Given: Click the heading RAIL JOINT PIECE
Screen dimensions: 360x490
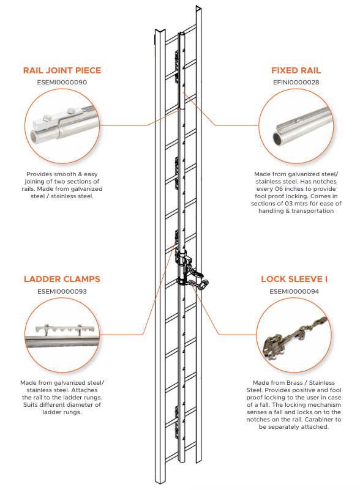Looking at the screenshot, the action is [x=62, y=70].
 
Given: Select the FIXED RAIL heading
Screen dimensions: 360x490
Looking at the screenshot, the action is [x=296, y=70].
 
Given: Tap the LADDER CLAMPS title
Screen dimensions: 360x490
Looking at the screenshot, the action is [x=62, y=279].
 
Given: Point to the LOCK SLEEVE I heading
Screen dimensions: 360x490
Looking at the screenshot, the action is [x=294, y=279].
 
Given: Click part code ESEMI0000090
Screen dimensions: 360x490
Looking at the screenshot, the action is [x=62, y=83].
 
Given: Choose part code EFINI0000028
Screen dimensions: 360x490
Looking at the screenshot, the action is [x=296, y=83].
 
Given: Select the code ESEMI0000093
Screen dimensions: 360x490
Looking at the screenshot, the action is [x=62, y=292].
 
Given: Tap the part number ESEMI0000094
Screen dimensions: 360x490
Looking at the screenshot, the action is [x=294, y=292].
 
